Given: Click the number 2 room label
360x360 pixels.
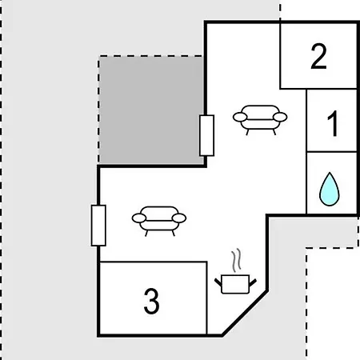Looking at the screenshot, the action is (318, 56).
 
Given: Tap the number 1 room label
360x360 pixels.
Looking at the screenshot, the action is (333, 123).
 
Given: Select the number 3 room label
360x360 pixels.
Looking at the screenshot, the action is (151, 301).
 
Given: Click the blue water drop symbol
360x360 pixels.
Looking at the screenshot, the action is (330, 189).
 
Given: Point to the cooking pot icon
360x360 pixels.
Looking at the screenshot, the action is (235, 284).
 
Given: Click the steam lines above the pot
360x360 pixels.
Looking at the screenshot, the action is (237, 261).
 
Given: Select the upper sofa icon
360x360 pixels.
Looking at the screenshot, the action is (260, 120).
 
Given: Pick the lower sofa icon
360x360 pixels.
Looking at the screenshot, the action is (159, 221).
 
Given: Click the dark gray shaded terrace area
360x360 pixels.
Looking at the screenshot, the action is (151, 110).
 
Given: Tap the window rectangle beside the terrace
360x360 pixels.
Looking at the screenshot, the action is (206, 135).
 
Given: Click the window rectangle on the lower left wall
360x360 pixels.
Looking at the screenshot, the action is (98, 226).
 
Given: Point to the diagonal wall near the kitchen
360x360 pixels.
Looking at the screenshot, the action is (245, 313).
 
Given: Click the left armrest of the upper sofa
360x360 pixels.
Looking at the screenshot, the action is (240, 117).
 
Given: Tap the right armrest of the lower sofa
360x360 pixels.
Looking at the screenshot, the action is (179, 218).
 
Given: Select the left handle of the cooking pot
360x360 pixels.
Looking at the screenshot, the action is (218, 282).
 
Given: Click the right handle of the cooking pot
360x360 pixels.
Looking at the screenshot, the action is (253, 283).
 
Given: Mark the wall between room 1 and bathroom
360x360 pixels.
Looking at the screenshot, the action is (332, 152).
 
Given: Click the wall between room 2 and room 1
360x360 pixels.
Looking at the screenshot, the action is (332, 89).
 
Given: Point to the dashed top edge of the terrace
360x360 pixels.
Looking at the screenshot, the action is (151, 56).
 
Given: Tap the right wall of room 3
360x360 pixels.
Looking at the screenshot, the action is (206, 298).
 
